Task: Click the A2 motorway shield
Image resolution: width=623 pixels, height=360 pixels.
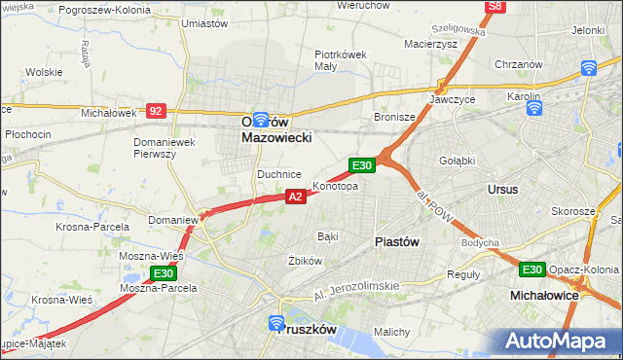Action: pos(296,197)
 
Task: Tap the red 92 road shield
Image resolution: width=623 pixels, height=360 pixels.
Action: pos(156,111)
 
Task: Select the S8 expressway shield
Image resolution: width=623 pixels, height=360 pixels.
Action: pos(496,6)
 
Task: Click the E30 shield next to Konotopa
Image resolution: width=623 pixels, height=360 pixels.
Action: pos(362,166)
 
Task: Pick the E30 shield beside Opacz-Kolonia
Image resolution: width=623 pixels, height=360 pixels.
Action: pos(531,270)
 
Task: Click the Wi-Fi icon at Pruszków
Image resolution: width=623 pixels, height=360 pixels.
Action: pos(275,322)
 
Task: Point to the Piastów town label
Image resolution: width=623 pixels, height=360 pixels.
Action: pos(396,242)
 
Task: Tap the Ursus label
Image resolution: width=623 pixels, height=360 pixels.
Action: pos(503,189)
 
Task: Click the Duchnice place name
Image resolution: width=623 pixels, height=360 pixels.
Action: pos(278,174)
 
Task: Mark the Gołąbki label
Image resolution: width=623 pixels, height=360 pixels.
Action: pos(457,161)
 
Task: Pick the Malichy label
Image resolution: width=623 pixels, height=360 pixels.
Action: pos(391,332)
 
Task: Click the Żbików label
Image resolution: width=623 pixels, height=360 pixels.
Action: pos(305,261)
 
